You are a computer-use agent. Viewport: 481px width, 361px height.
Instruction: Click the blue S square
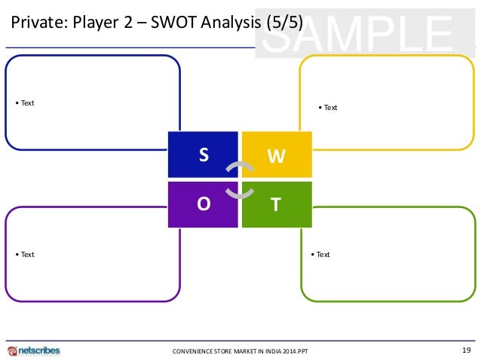pyautogui.click(x=202, y=154)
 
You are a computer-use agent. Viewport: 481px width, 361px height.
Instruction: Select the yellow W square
pyautogui.click(x=276, y=154)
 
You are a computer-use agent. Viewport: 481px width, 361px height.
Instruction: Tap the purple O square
pyautogui.click(x=202, y=204)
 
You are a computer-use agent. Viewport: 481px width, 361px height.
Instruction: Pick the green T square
pyautogui.click(x=276, y=204)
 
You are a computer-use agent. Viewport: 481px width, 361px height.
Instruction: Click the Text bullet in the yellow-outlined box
pyautogui.click(x=327, y=107)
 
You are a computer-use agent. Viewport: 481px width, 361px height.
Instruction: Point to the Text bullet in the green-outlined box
pyautogui.click(x=320, y=254)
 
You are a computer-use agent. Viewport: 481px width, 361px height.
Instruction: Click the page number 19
pyautogui.click(x=466, y=349)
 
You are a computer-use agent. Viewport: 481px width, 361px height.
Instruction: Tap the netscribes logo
pyautogui.click(x=34, y=350)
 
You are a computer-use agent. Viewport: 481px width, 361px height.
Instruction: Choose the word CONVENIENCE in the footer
pyautogui.click(x=194, y=351)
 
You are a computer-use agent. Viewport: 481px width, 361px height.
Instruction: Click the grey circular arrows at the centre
pyautogui.click(x=239, y=179)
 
